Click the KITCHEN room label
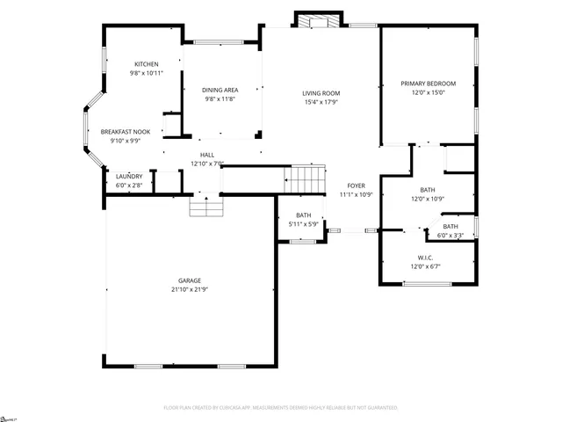[x=146, y=65]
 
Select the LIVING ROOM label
[x=321, y=93]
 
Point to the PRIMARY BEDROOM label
[x=428, y=84]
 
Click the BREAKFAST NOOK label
[x=126, y=131]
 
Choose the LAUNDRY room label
[x=129, y=177]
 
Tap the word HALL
[x=207, y=155]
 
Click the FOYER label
[x=356, y=186]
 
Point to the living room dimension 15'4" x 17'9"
[x=321, y=102]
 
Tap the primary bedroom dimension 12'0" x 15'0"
[x=428, y=92]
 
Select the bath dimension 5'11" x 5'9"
[x=304, y=224]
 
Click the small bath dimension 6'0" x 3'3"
[x=450, y=235]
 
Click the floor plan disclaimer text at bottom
[x=281, y=408]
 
